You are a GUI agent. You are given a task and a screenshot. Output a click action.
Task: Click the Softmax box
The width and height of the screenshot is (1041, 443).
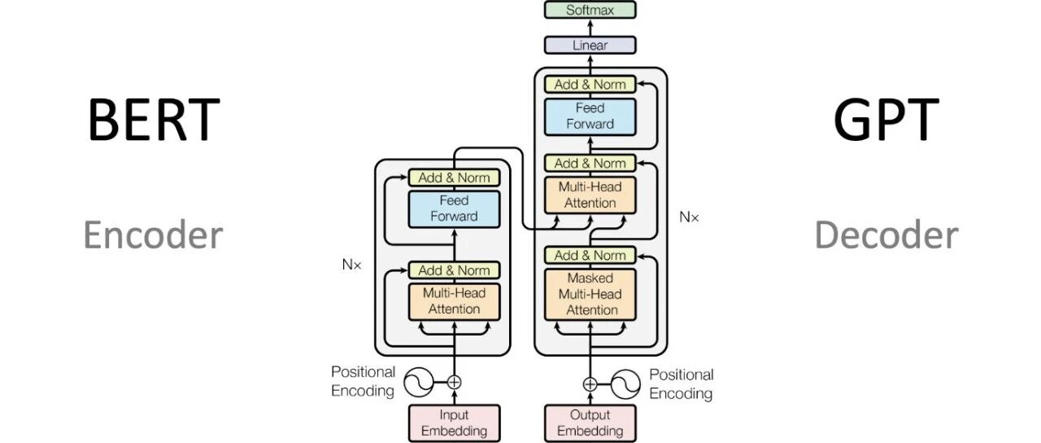(590, 10)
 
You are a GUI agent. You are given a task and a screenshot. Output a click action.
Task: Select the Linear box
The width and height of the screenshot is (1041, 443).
(590, 45)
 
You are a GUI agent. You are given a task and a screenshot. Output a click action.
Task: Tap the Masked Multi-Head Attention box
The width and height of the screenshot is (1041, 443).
(590, 294)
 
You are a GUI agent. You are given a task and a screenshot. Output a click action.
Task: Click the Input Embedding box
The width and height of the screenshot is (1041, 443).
(454, 423)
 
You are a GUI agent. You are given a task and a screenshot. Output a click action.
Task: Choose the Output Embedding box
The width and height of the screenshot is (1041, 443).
(590, 423)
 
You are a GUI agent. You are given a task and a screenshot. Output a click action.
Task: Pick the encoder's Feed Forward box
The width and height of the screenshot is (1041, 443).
(454, 209)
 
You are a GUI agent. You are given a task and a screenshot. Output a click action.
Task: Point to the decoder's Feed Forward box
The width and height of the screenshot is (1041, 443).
(590, 116)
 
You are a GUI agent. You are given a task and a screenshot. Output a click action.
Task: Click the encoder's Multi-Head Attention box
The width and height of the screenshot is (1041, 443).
(454, 301)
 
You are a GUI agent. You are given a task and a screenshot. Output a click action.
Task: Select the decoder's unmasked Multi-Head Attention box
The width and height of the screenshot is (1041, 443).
(590, 195)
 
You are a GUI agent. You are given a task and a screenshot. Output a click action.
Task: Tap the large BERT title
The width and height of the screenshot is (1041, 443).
(154, 119)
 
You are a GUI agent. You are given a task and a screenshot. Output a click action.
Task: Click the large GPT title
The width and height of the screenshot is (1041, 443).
(886, 119)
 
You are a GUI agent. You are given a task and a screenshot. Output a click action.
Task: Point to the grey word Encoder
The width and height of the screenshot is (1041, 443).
(153, 235)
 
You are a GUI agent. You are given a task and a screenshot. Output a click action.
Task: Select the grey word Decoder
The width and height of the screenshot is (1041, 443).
(886, 235)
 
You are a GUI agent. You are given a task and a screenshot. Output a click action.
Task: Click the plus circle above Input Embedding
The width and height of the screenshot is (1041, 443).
(454, 383)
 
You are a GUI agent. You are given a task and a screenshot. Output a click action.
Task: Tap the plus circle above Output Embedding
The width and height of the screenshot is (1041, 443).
(590, 384)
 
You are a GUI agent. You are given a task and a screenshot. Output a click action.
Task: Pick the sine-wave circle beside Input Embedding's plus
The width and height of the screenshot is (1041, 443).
(418, 383)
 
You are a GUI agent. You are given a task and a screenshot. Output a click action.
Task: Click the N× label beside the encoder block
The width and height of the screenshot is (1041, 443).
(351, 265)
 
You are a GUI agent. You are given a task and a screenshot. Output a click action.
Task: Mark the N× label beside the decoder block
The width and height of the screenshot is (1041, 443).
(689, 217)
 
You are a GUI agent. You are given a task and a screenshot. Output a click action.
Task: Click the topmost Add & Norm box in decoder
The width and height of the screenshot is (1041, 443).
(590, 84)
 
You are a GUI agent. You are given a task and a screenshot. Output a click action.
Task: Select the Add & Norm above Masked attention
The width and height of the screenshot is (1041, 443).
(590, 255)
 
